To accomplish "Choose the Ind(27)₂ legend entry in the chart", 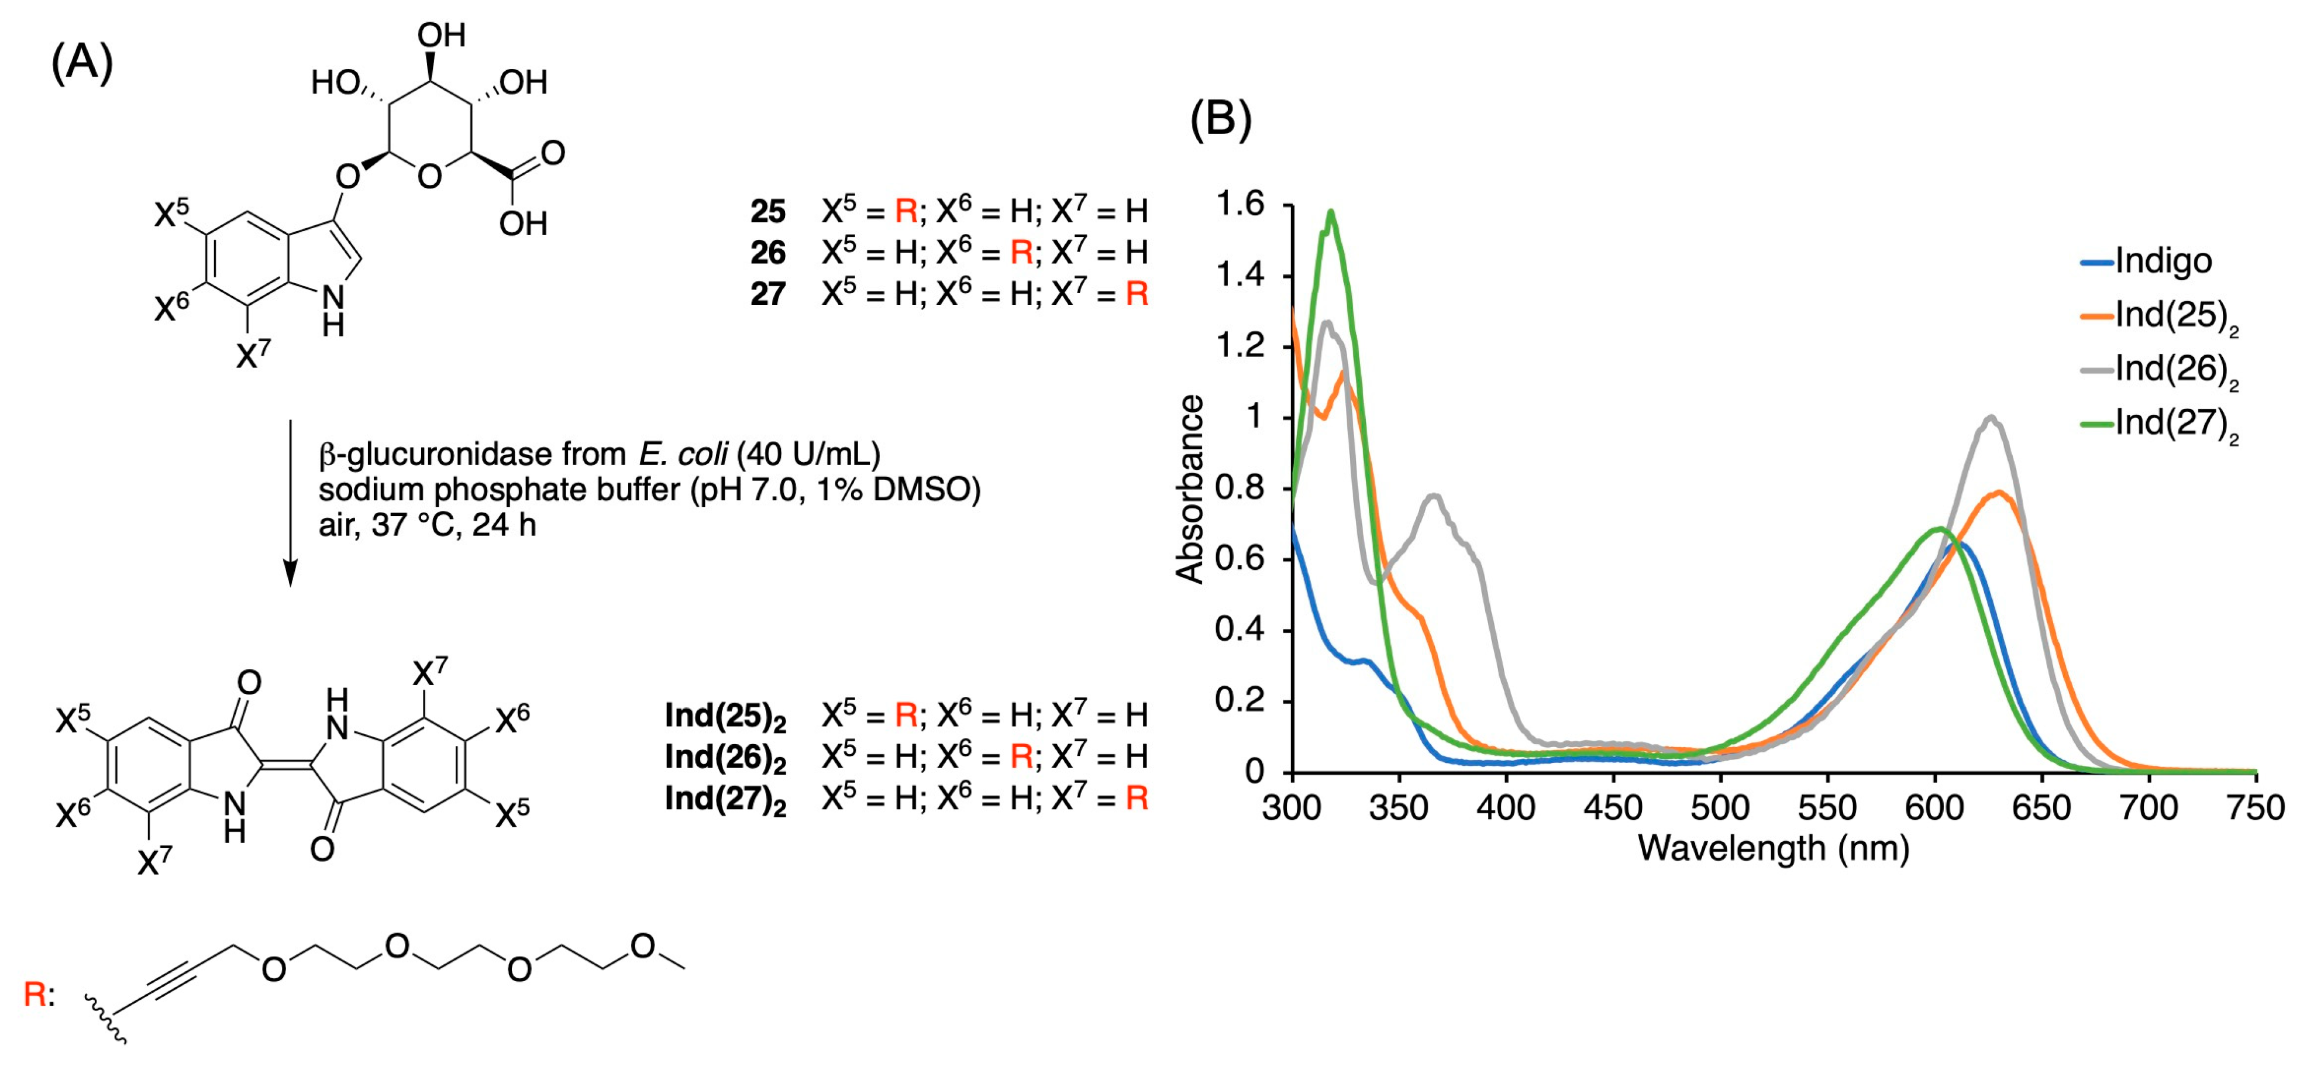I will (2175, 423).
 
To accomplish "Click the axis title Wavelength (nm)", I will (1773, 848).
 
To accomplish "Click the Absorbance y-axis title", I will (1191, 489).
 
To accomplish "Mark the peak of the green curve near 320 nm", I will (1331, 212).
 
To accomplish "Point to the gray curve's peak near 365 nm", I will (1434, 496).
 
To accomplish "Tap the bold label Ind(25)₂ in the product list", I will (725, 716).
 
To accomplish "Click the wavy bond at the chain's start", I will (105, 1019).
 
